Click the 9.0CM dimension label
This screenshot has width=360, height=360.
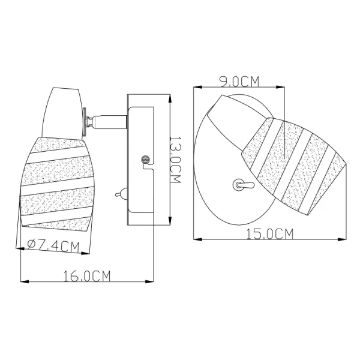pos(239,82)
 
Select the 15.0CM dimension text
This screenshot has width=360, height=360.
pos(270,234)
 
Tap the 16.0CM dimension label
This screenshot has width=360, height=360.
pos(87,276)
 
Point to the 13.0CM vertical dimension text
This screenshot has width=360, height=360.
pos(175,160)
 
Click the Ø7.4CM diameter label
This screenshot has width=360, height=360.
pos(53,246)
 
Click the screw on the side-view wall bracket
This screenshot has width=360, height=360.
pos(145,159)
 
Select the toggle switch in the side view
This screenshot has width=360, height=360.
pos(121,194)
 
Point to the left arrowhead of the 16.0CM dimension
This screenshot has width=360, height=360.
pos(25,281)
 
